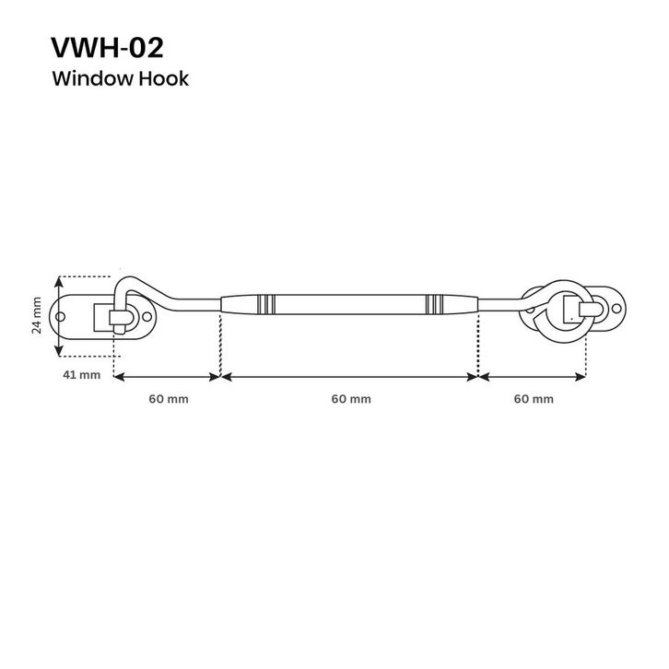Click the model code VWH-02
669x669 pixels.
click(x=107, y=47)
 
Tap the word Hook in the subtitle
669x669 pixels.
click(x=163, y=78)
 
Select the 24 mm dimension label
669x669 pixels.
click(x=37, y=315)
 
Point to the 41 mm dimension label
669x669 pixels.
click(x=81, y=375)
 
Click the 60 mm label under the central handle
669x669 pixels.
click(x=351, y=399)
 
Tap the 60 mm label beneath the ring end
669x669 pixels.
click(x=534, y=399)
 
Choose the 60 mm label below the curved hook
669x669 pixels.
click(x=169, y=399)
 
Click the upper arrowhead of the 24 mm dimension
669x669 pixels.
click(x=59, y=282)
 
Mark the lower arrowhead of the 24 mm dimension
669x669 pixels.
click(x=59, y=350)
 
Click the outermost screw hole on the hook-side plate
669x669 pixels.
click(x=61, y=317)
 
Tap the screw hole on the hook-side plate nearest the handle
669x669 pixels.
click(x=147, y=317)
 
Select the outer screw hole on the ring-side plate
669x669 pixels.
click(x=616, y=308)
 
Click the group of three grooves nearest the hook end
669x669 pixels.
click(x=265, y=304)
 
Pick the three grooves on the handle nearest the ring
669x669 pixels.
click(x=434, y=304)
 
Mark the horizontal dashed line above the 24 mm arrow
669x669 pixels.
click(x=86, y=276)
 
